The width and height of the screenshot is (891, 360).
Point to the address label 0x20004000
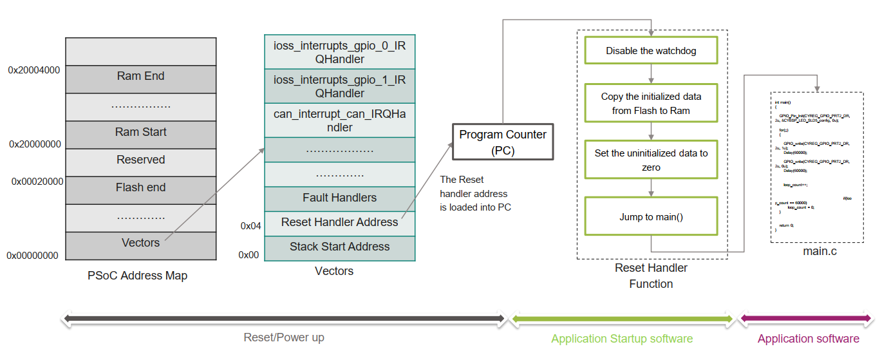34,70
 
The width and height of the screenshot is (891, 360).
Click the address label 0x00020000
37,182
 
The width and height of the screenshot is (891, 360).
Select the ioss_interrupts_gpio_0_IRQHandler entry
339,52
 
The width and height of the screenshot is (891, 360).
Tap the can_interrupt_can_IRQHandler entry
339,120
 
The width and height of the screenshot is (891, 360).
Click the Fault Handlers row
339,198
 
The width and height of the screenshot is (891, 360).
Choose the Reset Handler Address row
339,223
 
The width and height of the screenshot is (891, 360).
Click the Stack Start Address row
339,247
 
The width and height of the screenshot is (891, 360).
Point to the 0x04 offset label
250,226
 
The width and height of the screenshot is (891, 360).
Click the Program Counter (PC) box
503,142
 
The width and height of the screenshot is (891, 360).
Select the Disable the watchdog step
651,51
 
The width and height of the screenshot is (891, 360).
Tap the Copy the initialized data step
651,103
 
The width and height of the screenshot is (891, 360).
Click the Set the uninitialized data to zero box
651,160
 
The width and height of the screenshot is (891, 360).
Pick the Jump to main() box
651,217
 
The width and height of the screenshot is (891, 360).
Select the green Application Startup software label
622,339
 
